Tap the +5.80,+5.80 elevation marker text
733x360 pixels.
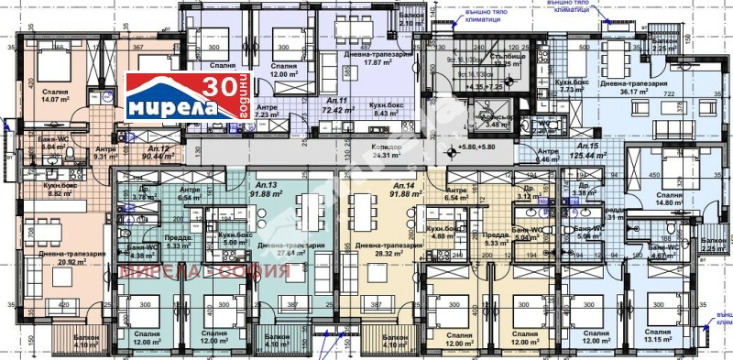pos(476,147)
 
